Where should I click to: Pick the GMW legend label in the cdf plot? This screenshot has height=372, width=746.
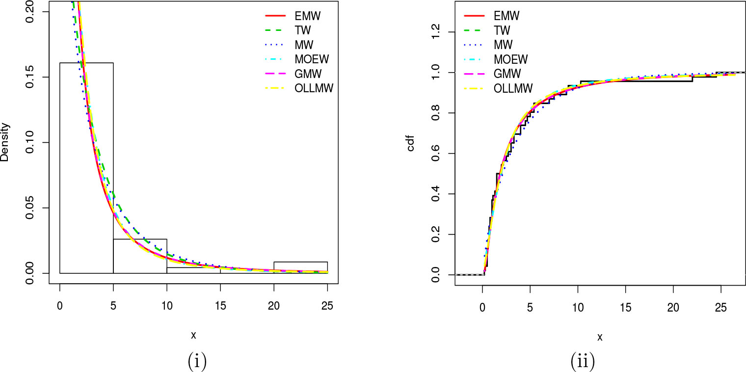pos(507,74)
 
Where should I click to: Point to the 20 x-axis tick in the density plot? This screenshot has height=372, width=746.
pos(274,305)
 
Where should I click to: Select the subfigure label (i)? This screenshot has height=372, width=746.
pos(197,362)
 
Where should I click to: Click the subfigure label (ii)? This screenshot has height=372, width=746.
pos(583,362)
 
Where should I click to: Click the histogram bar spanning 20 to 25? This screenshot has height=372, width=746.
pos(300,267)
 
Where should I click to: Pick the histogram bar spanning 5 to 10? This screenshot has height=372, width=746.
pos(140,256)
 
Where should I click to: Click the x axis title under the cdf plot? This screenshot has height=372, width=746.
pos(599,337)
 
